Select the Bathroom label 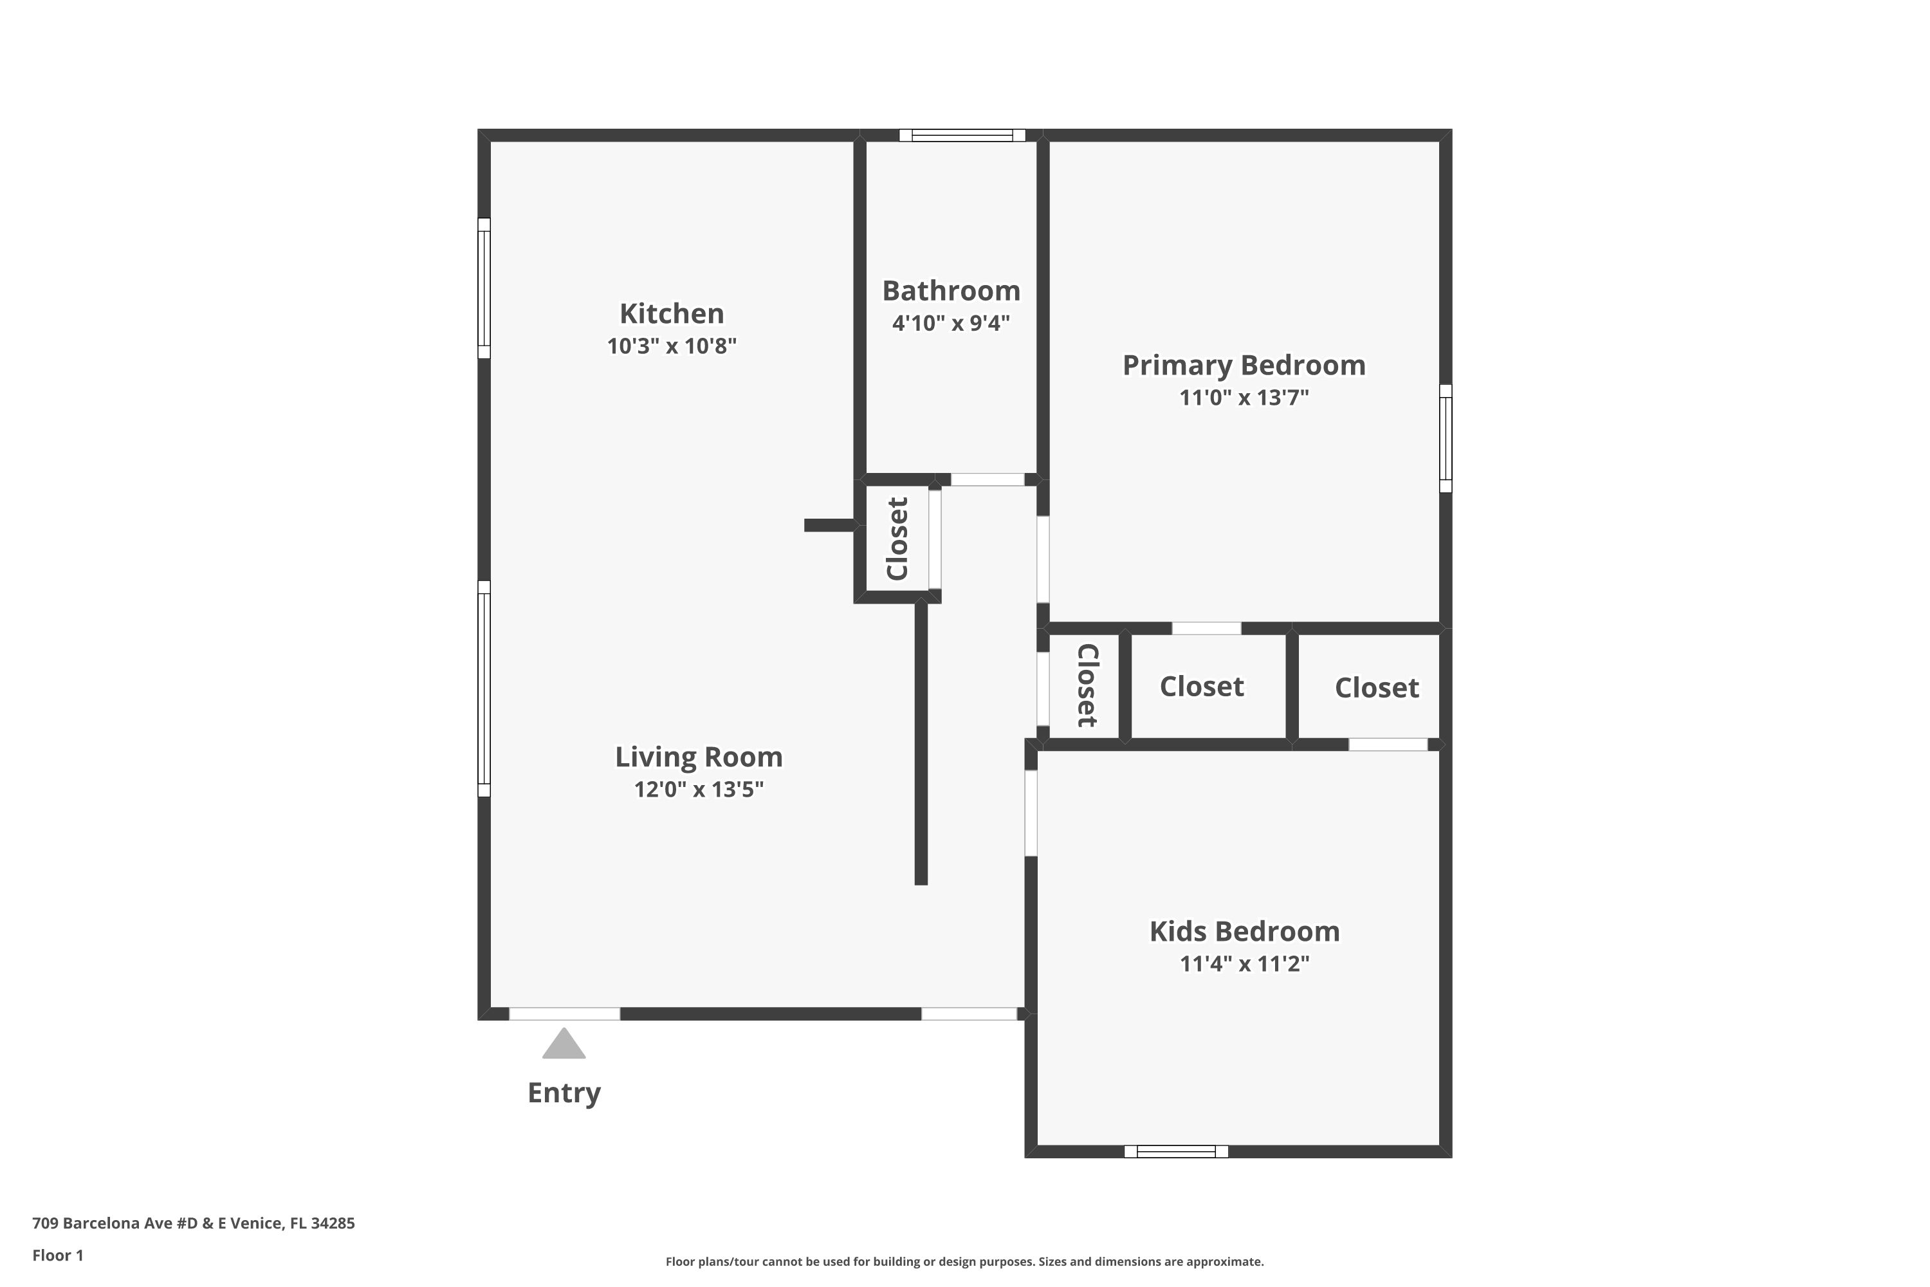(951, 291)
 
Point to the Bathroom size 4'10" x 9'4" (951, 322)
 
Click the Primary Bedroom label (1244, 366)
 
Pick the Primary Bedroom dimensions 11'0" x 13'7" (1244, 397)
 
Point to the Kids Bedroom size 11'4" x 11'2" (1244, 963)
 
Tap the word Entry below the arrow (564, 1093)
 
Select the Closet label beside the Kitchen (897, 539)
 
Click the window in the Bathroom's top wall (962, 135)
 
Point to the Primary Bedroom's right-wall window (1446, 438)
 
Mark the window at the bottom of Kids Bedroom (1176, 1152)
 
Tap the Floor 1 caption (57, 1255)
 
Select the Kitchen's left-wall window (484, 288)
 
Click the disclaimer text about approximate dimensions (964, 1261)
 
